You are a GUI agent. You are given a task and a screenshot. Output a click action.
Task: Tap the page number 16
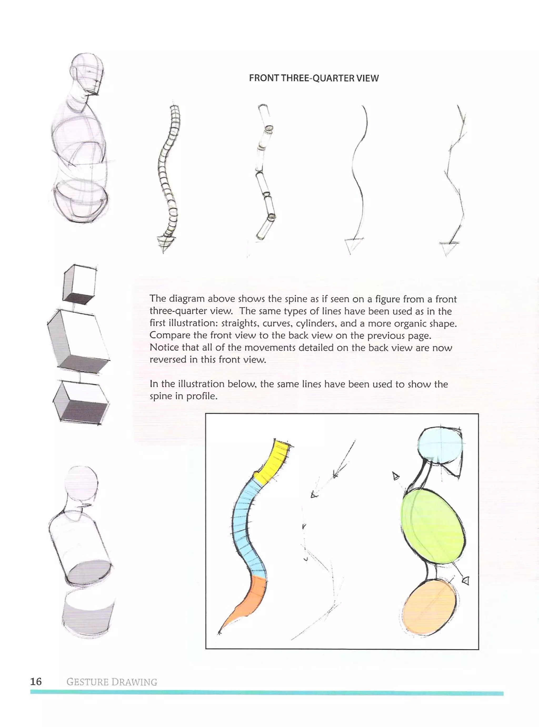tap(36, 682)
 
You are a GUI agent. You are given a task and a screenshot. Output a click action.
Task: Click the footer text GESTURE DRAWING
tap(112, 682)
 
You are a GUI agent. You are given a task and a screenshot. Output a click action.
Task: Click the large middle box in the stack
tap(78, 341)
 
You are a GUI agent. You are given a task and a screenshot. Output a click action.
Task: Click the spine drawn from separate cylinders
tap(265, 173)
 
